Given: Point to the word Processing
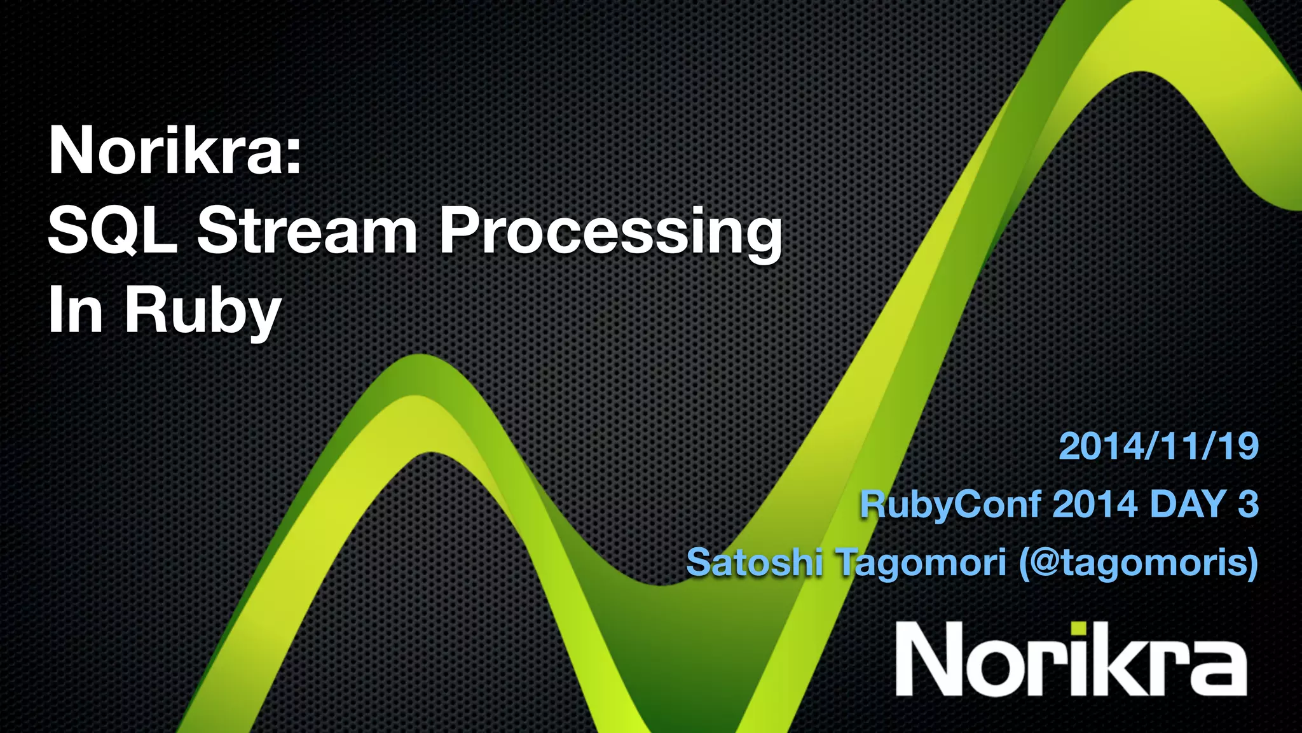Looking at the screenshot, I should pyautogui.click(x=610, y=233).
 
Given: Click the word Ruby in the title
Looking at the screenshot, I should pyautogui.click(x=202, y=312).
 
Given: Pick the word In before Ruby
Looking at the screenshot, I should pyautogui.click(x=75, y=311).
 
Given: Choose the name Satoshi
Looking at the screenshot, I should pyautogui.click(x=755, y=562).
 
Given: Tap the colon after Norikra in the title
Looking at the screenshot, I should pyautogui.click(x=293, y=159).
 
